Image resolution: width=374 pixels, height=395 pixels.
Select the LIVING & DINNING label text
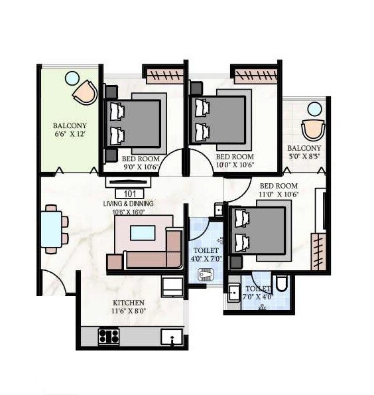[128, 203]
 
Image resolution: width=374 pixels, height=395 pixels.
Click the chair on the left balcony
[86, 92]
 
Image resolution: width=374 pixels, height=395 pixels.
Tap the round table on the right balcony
[314, 109]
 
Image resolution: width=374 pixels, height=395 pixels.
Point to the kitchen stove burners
[109, 336]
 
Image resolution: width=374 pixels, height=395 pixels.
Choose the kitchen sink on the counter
[170, 337]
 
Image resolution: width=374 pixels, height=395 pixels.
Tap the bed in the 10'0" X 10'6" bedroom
[221, 118]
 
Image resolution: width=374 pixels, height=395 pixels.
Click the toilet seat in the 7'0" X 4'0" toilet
[280, 284]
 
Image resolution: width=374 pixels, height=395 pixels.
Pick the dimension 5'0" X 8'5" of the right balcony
[304, 157]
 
